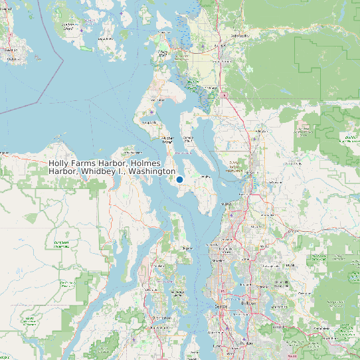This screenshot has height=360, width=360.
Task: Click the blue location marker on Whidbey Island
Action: [x=179, y=179]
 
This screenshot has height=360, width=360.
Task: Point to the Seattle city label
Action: [x=222, y=306]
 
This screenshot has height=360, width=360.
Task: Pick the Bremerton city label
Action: [x=161, y=318]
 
